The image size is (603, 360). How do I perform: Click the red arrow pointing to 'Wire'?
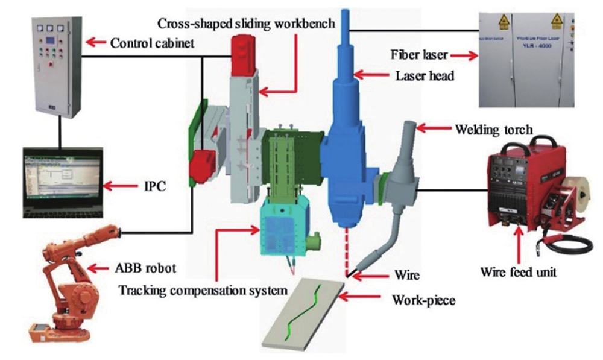364,276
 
